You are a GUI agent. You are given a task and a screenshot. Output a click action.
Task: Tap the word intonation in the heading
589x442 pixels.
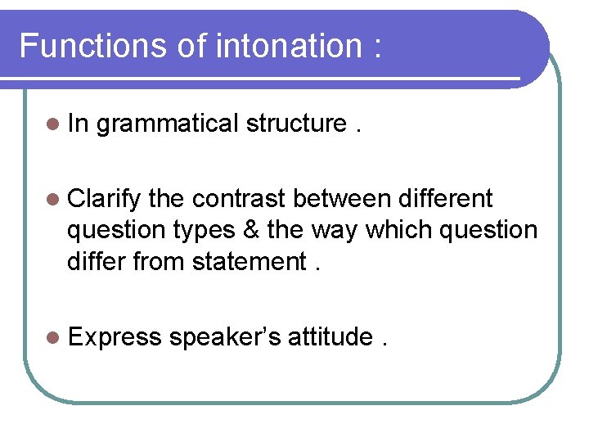coord(286,46)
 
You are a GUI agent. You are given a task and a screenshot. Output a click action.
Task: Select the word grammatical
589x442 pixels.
coord(167,124)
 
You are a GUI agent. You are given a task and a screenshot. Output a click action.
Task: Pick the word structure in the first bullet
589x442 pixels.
coord(296,124)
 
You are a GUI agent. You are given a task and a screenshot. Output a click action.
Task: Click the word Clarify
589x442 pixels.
coord(105,199)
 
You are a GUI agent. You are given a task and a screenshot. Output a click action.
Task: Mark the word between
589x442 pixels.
coord(342,198)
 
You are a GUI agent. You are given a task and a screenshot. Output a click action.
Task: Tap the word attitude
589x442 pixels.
coord(330,336)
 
